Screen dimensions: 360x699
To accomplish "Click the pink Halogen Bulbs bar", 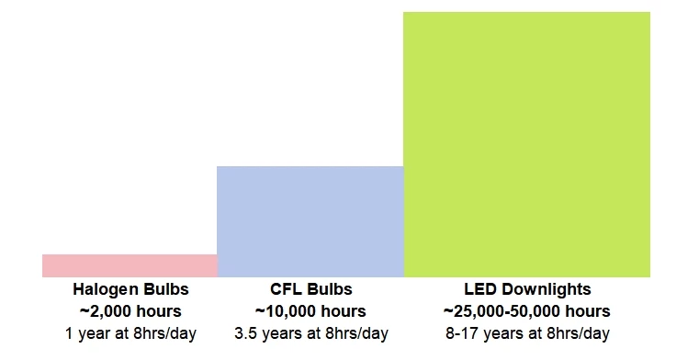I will [x=130, y=265].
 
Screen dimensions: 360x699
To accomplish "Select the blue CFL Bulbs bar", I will [x=310, y=221].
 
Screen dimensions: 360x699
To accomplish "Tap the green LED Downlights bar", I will [x=526, y=144].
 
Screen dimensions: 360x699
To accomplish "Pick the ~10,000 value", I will [x=287, y=311].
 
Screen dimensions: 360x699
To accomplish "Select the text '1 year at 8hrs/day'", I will [x=130, y=332].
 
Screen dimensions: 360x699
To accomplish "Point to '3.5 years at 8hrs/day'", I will [x=310, y=332].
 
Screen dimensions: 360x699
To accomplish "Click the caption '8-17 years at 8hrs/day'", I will [x=526, y=332].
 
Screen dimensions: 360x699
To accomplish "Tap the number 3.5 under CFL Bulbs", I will [x=245, y=332].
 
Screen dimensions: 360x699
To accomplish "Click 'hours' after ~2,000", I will [x=159, y=311].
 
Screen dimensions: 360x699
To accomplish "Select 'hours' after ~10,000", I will [x=344, y=311].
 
